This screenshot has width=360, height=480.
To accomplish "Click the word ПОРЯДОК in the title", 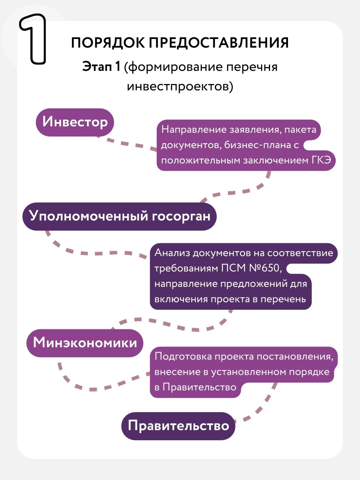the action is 108,43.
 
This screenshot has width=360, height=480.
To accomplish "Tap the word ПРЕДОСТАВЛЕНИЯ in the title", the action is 219,42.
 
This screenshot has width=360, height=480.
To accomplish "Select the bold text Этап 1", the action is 101,67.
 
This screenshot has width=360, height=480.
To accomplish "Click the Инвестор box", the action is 75,123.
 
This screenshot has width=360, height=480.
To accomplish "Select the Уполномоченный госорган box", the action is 120,216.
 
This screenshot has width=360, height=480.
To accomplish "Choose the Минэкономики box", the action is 85,343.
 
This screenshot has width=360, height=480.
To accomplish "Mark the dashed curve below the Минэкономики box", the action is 96,388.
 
